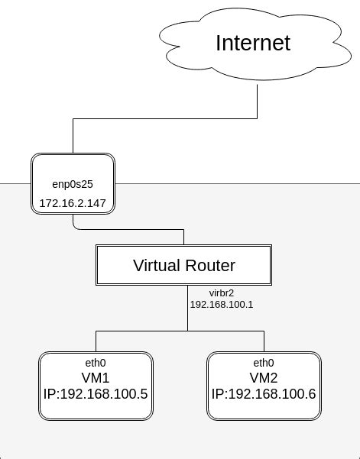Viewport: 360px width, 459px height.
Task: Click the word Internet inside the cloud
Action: pyautogui.click(x=253, y=43)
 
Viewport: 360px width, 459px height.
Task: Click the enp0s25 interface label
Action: pyautogui.click(x=72, y=184)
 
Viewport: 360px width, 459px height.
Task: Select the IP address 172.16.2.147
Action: pyautogui.click(x=72, y=203)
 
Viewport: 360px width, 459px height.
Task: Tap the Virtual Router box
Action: pyautogui.click(x=183, y=265)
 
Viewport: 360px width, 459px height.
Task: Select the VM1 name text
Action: pyautogui.click(x=96, y=378)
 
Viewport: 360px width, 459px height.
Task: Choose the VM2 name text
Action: pyautogui.click(x=264, y=378)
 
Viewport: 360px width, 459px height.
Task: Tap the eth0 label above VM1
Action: pyautogui.click(x=96, y=363)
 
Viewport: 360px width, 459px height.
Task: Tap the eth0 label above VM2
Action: pyautogui.click(x=264, y=363)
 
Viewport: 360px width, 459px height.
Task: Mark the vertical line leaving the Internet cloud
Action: pyautogui.click(x=258, y=99)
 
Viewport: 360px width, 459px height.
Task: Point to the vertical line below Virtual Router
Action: pyautogui.click(x=188, y=309)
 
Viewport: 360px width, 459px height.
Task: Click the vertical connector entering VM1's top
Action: pyautogui.click(x=96, y=341)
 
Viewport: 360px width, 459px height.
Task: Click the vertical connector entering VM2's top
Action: pyautogui.click(x=264, y=341)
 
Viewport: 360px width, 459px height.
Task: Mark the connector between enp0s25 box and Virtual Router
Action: pyautogui.click(x=130, y=229)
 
